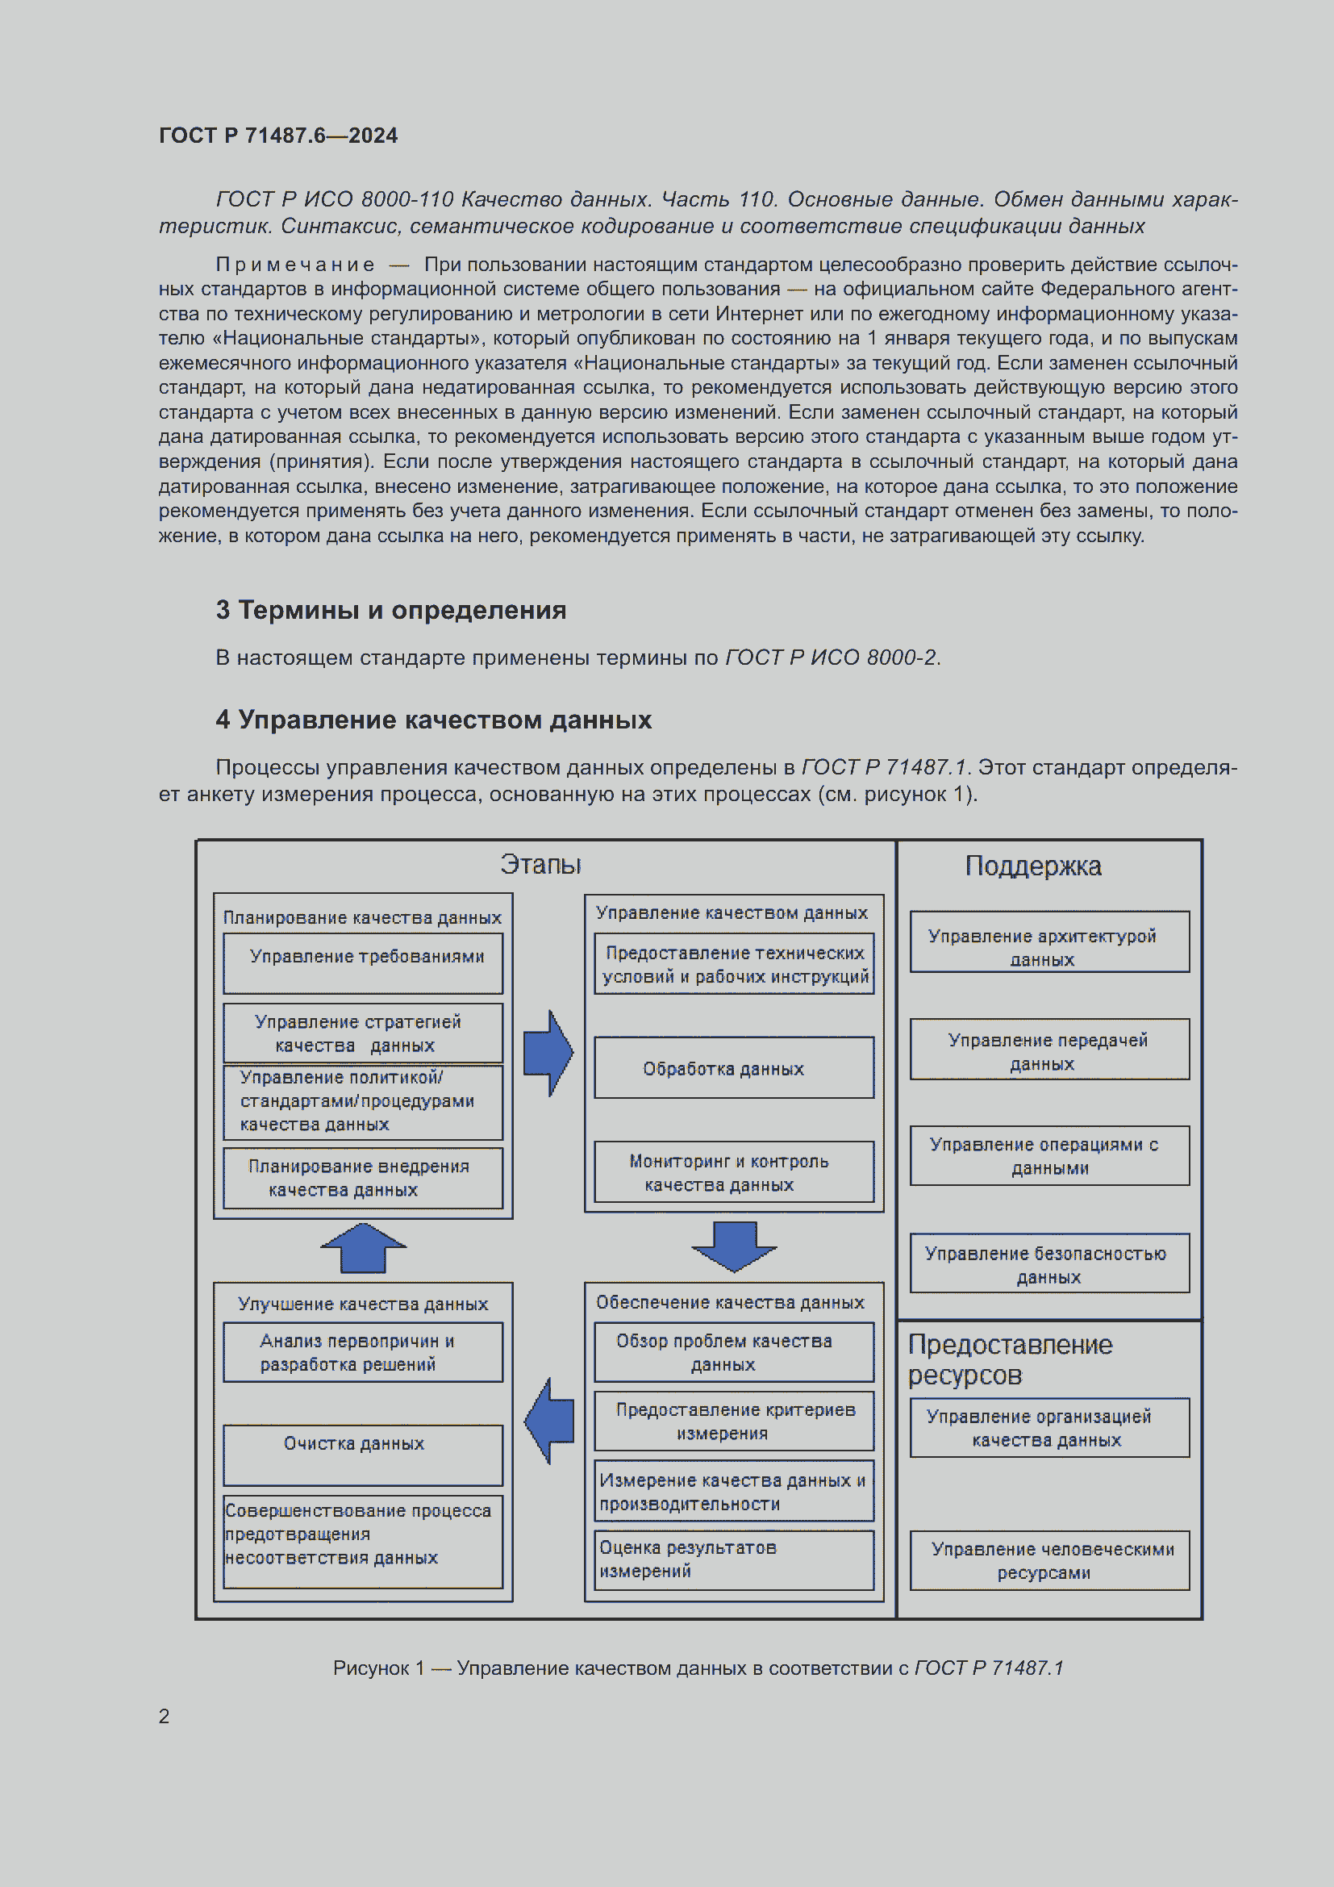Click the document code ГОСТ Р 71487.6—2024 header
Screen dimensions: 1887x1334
277,136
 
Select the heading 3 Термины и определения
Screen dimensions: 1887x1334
391,610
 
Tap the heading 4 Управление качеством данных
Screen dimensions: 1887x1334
434,720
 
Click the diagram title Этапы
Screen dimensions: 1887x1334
540,865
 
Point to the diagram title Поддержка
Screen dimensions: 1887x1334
1032,866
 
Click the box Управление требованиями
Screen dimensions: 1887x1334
363,962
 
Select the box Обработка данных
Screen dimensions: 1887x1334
733,1067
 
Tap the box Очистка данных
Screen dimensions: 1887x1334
363,1455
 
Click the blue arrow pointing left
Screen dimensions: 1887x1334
549,1421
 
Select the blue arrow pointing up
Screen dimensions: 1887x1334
363,1247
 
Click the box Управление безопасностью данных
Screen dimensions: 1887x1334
1049,1264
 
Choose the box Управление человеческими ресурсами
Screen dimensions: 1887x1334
1049,1560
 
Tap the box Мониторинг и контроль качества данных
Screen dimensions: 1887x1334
733,1172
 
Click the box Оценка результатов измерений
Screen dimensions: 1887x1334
733,1559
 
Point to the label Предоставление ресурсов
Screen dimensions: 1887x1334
1010,1359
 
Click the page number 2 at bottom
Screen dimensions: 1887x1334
165,1716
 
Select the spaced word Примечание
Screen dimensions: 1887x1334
295,265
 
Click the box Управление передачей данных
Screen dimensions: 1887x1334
1049,1050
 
